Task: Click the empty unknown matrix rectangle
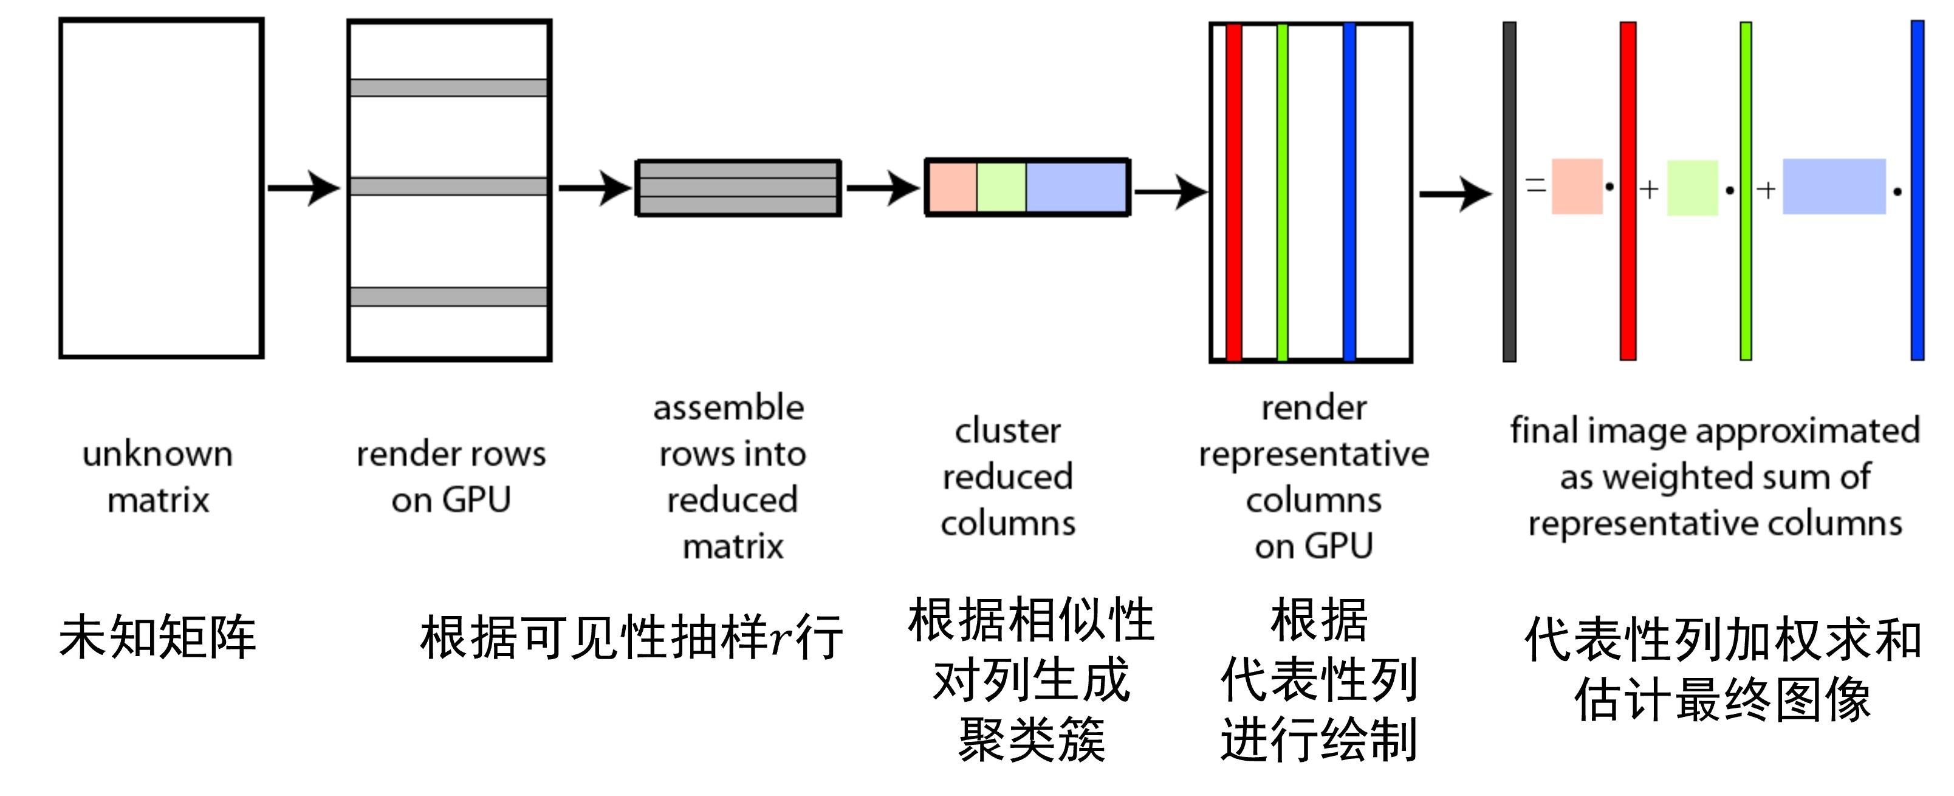(x=161, y=188)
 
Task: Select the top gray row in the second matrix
(x=448, y=88)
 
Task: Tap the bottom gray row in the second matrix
(x=448, y=297)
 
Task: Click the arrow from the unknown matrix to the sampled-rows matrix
(x=303, y=187)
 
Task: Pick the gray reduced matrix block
(x=738, y=188)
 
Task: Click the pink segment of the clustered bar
(x=953, y=187)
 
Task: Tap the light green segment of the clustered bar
(x=1001, y=187)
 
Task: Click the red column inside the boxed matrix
(x=1233, y=192)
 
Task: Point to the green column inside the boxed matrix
(x=1282, y=192)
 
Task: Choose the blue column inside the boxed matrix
(x=1349, y=192)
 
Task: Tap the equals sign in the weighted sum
(x=1535, y=184)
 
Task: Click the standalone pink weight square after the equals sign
(x=1577, y=187)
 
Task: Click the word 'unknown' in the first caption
(x=158, y=454)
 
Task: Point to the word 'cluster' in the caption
(x=1007, y=431)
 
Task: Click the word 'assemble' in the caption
(x=728, y=408)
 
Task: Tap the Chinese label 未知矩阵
(x=158, y=637)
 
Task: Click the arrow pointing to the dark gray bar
(x=1454, y=194)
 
